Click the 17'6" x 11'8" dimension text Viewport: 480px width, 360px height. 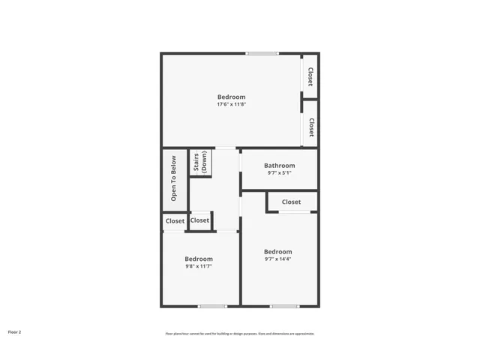(231, 104)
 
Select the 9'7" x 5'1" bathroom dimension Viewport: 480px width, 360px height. (279, 173)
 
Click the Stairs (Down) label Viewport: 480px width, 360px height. (200, 163)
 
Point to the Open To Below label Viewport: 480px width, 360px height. (173, 178)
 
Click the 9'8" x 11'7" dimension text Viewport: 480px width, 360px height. (199, 266)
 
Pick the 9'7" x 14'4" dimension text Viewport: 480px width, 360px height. (277, 259)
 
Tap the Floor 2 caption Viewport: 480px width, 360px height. (15, 331)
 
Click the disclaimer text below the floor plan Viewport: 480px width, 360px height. (240, 334)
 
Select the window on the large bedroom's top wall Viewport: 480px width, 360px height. (262, 53)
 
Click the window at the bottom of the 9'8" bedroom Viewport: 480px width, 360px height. (212, 306)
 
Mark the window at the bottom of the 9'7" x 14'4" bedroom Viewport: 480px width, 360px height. (284, 306)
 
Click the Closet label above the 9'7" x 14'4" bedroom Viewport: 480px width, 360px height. (291, 202)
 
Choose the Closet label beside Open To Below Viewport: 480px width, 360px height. (175, 221)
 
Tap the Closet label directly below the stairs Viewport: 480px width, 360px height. (199, 220)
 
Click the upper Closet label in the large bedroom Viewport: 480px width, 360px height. (310, 76)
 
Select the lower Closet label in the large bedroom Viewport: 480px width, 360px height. (310, 127)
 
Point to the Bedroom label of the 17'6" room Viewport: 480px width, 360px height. (231, 97)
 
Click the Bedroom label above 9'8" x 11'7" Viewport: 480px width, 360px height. (199, 259)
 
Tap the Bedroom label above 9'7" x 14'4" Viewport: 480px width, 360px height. (277, 251)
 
